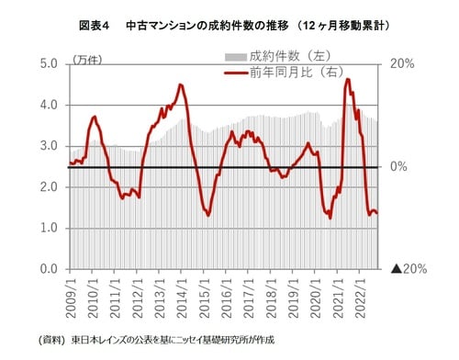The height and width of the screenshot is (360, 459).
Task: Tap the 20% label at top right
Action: [x=403, y=64]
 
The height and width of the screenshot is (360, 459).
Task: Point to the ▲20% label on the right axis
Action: [x=408, y=269]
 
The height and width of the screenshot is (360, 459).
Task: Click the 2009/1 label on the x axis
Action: [x=71, y=294]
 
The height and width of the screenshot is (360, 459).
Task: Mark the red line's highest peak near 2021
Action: [x=348, y=79]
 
